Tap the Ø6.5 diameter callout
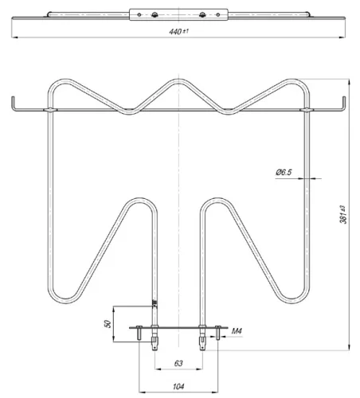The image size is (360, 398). pyautogui.click(x=284, y=173)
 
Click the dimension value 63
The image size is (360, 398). pyautogui.click(x=180, y=364)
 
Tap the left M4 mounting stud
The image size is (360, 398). pyautogui.click(x=141, y=338)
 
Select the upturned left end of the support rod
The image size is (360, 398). pyautogui.click(x=14, y=102)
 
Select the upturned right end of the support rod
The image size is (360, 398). pyautogui.click(x=345, y=102)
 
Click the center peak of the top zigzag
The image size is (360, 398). pyautogui.click(x=180, y=81)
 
